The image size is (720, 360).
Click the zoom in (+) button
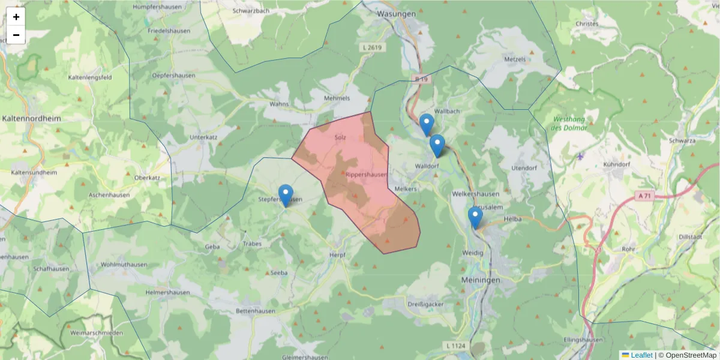pyautogui.click(x=16, y=17)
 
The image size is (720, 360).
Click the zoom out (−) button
pyautogui.click(x=16, y=35)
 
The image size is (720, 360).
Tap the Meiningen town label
pyautogui.click(x=481, y=280)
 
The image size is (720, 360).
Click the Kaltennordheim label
pyautogui.click(x=32, y=119)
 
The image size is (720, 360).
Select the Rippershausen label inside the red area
pyautogui.click(x=366, y=174)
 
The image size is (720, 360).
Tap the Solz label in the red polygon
pyautogui.click(x=341, y=137)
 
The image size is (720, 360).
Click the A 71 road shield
pyautogui.click(x=644, y=196)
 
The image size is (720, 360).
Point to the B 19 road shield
pyautogui.click(x=422, y=79)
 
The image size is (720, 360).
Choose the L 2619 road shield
pyautogui.click(x=373, y=47)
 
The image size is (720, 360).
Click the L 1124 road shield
pyautogui.click(x=456, y=346)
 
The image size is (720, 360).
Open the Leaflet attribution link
pyautogui.click(x=641, y=355)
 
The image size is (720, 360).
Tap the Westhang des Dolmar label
pyautogui.click(x=569, y=124)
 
